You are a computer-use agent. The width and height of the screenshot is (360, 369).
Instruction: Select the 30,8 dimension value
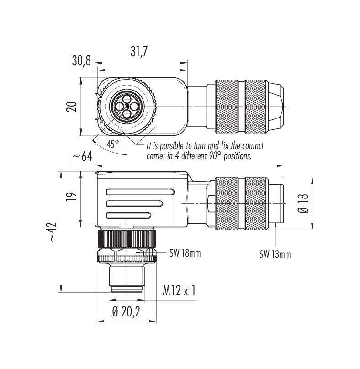click(82, 60)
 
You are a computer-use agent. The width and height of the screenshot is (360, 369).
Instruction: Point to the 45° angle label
click(113, 144)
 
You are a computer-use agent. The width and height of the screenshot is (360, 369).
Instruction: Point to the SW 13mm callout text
click(275, 254)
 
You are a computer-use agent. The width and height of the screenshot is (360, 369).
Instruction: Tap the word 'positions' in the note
click(236, 155)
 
